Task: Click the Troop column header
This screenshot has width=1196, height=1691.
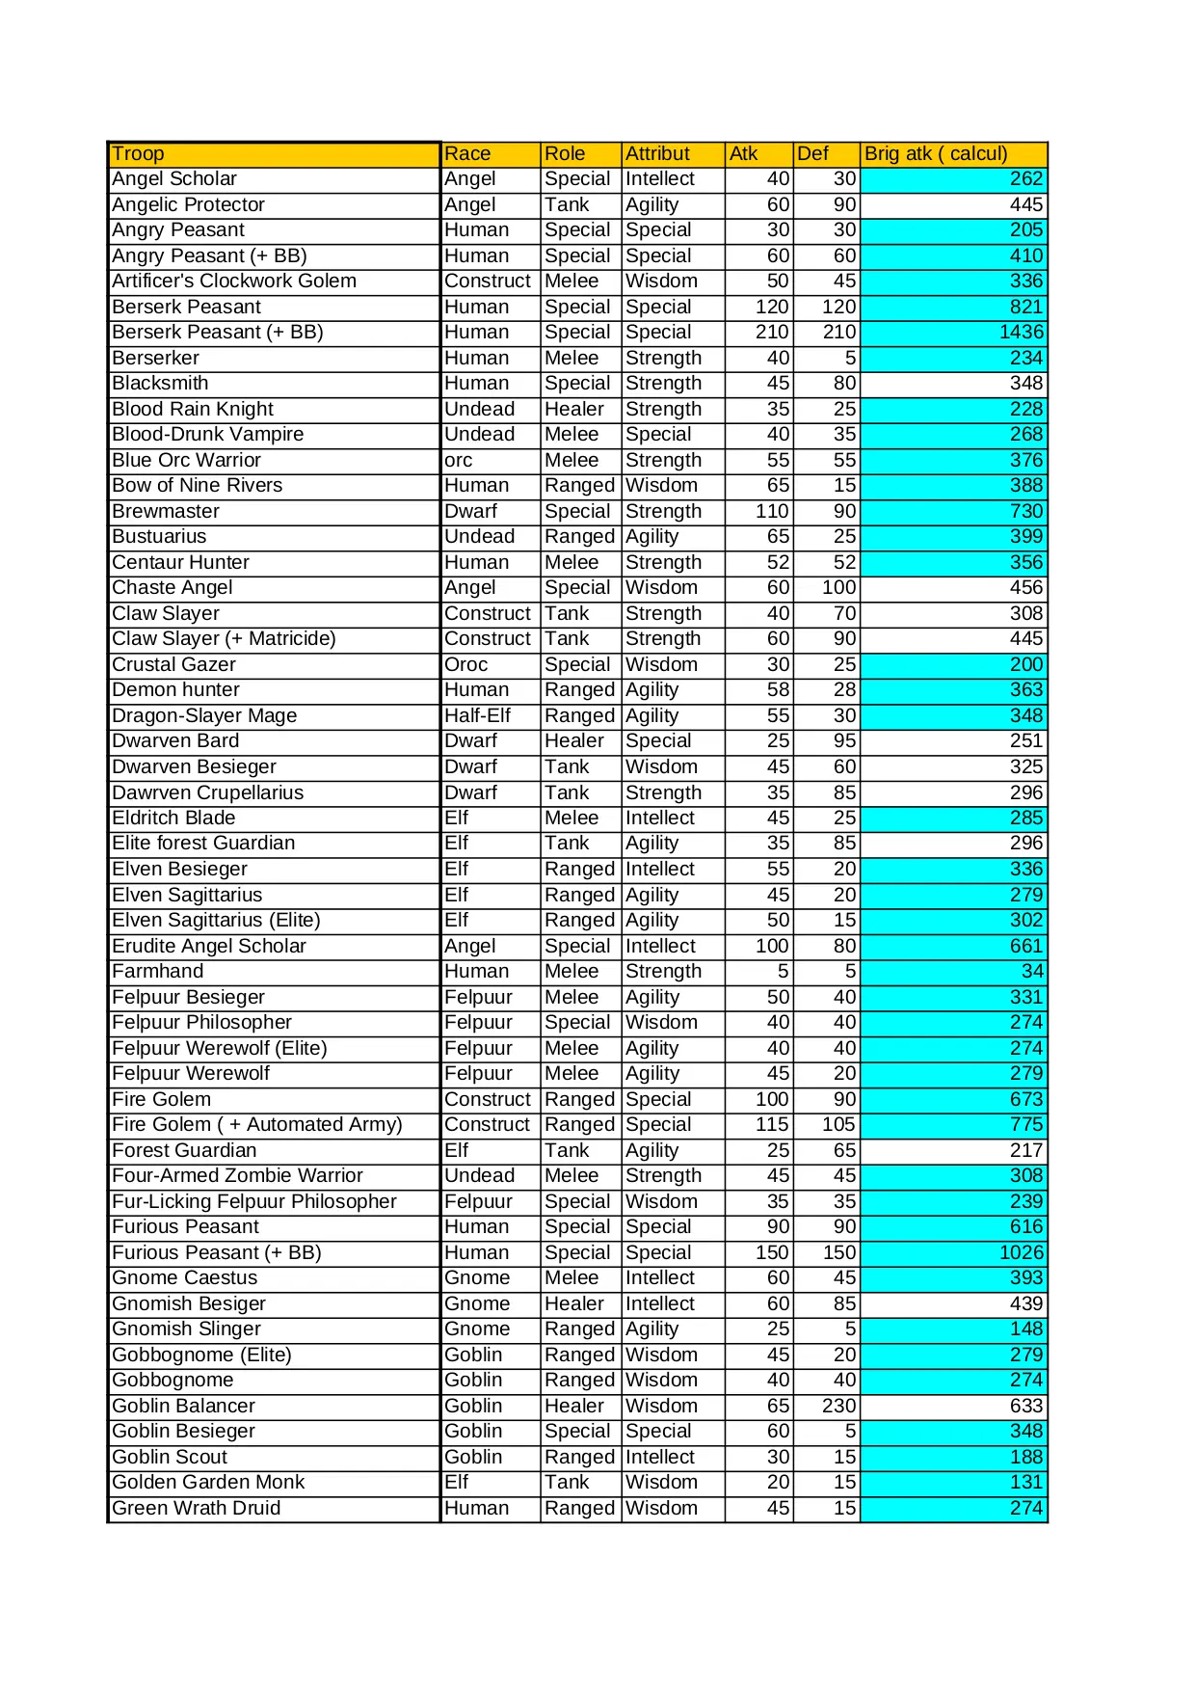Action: tap(138, 154)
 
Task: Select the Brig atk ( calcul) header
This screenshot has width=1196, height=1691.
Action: tap(935, 154)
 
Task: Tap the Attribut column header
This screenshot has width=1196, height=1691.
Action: tap(657, 154)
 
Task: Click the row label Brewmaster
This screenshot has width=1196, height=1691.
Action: tap(166, 512)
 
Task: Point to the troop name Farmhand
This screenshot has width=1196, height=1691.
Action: tap(158, 972)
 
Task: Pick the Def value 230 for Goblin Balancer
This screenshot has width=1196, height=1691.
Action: tap(838, 1407)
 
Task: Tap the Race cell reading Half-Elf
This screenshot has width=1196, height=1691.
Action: tap(477, 716)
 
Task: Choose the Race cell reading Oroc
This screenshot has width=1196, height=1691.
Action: tap(466, 665)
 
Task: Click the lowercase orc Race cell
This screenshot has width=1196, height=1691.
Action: tap(459, 461)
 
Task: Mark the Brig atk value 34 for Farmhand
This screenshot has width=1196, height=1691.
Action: tap(1032, 972)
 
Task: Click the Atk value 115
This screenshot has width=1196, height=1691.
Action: tap(772, 1125)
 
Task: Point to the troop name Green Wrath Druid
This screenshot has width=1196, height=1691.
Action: tap(197, 1509)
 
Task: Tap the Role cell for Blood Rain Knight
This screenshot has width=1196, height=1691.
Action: tap(574, 410)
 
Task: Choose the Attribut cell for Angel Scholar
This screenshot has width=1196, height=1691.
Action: tap(660, 179)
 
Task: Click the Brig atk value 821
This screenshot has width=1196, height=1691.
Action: tap(1025, 308)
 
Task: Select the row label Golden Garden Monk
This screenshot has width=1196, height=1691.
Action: tap(208, 1483)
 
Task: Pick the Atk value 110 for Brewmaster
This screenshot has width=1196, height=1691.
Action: tap(772, 512)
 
